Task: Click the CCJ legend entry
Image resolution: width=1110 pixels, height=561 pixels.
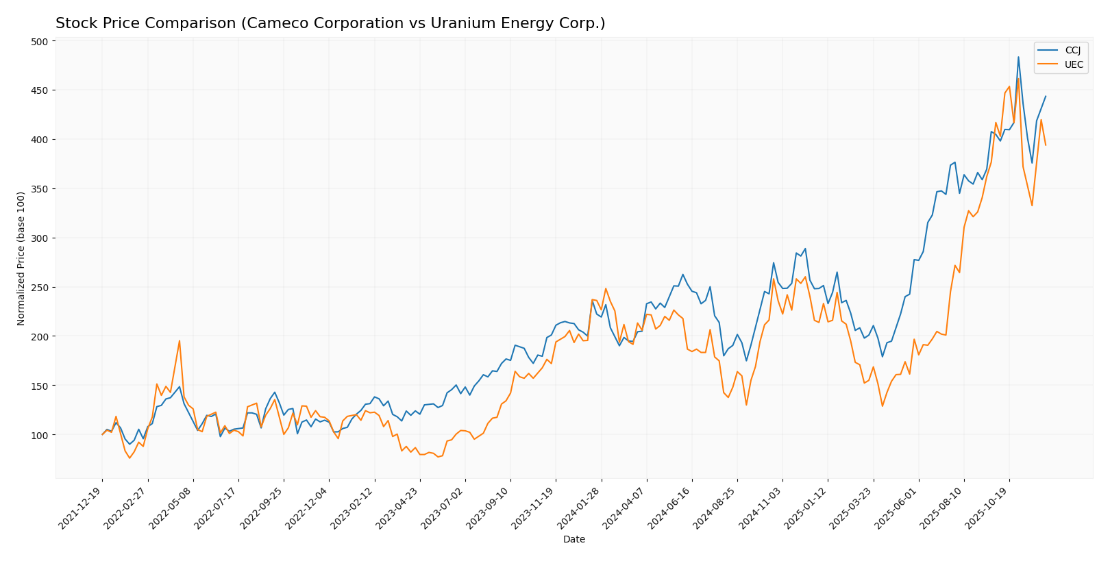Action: pyautogui.click(x=1072, y=50)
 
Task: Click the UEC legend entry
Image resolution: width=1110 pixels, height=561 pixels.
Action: pyautogui.click(x=1073, y=64)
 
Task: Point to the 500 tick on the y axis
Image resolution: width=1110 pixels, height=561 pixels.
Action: pyautogui.click(x=40, y=42)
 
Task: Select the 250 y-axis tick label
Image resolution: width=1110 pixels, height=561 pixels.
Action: pyautogui.click(x=40, y=288)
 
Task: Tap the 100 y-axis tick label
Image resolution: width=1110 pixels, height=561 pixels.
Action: pyautogui.click(x=40, y=436)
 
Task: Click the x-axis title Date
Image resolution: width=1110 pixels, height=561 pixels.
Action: pyautogui.click(x=574, y=540)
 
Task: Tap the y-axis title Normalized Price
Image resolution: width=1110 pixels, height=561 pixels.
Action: pyautogui.click(x=21, y=258)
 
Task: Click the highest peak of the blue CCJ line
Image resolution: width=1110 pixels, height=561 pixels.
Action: pyautogui.click(x=1018, y=57)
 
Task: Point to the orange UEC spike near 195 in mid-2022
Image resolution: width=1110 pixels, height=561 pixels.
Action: pyautogui.click(x=180, y=341)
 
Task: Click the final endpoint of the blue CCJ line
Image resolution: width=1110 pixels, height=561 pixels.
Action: pyautogui.click(x=1046, y=97)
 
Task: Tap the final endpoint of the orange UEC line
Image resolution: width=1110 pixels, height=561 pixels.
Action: pyautogui.click(x=1046, y=145)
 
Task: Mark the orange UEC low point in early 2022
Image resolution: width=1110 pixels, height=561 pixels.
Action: pyautogui.click(x=129, y=458)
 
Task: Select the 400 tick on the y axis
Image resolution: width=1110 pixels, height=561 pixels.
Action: pyautogui.click(x=40, y=140)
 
